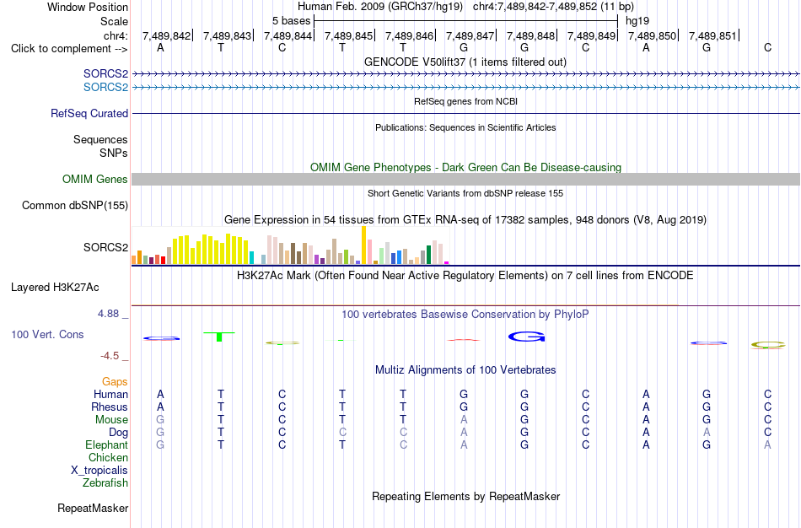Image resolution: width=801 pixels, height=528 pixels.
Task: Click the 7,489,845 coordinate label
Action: tap(348, 35)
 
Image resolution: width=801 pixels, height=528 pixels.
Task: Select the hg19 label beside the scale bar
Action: tap(637, 21)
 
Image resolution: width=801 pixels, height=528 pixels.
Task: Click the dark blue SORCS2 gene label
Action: tap(105, 74)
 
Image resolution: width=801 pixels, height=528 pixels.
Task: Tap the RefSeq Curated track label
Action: tap(89, 114)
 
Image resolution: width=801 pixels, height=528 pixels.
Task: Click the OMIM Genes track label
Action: tap(95, 180)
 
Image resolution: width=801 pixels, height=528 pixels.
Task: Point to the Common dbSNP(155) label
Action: tap(75, 206)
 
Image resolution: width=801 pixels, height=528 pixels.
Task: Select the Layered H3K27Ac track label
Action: tap(55, 288)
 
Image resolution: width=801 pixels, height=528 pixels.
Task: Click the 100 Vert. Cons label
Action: tap(47, 334)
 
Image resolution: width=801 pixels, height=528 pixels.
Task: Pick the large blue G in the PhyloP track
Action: tap(527, 337)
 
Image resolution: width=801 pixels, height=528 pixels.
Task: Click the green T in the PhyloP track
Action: tap(219, 337)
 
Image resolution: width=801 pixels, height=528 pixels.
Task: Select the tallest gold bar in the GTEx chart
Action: tap(363, 245)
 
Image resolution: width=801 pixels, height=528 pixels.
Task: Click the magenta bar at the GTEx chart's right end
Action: tap(447, 262)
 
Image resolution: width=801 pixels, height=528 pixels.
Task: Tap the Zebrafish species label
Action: tap(105, 483)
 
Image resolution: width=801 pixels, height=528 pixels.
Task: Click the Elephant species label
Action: tap(107, 445)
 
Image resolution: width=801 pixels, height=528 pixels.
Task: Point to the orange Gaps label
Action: tap(115, 382)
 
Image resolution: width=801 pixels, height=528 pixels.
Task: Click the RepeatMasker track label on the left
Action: tap(93, 508)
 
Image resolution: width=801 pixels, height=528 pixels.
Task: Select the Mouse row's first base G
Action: tap(160, 420)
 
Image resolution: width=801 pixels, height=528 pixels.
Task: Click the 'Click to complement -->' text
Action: tap(69, 49)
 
